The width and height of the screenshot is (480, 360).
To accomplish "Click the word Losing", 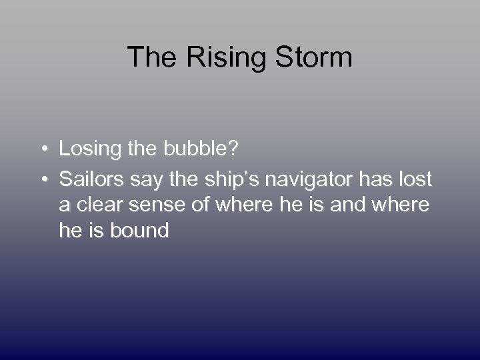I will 85,149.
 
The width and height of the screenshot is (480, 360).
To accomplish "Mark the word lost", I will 416,179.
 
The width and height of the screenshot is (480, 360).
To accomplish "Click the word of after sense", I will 200,205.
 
